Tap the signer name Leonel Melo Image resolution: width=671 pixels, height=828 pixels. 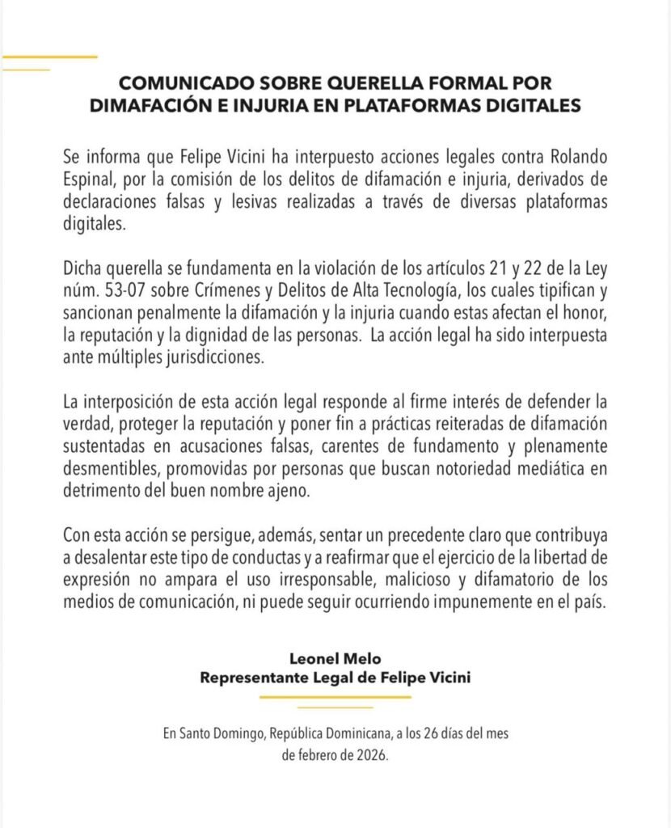point(335,658)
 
